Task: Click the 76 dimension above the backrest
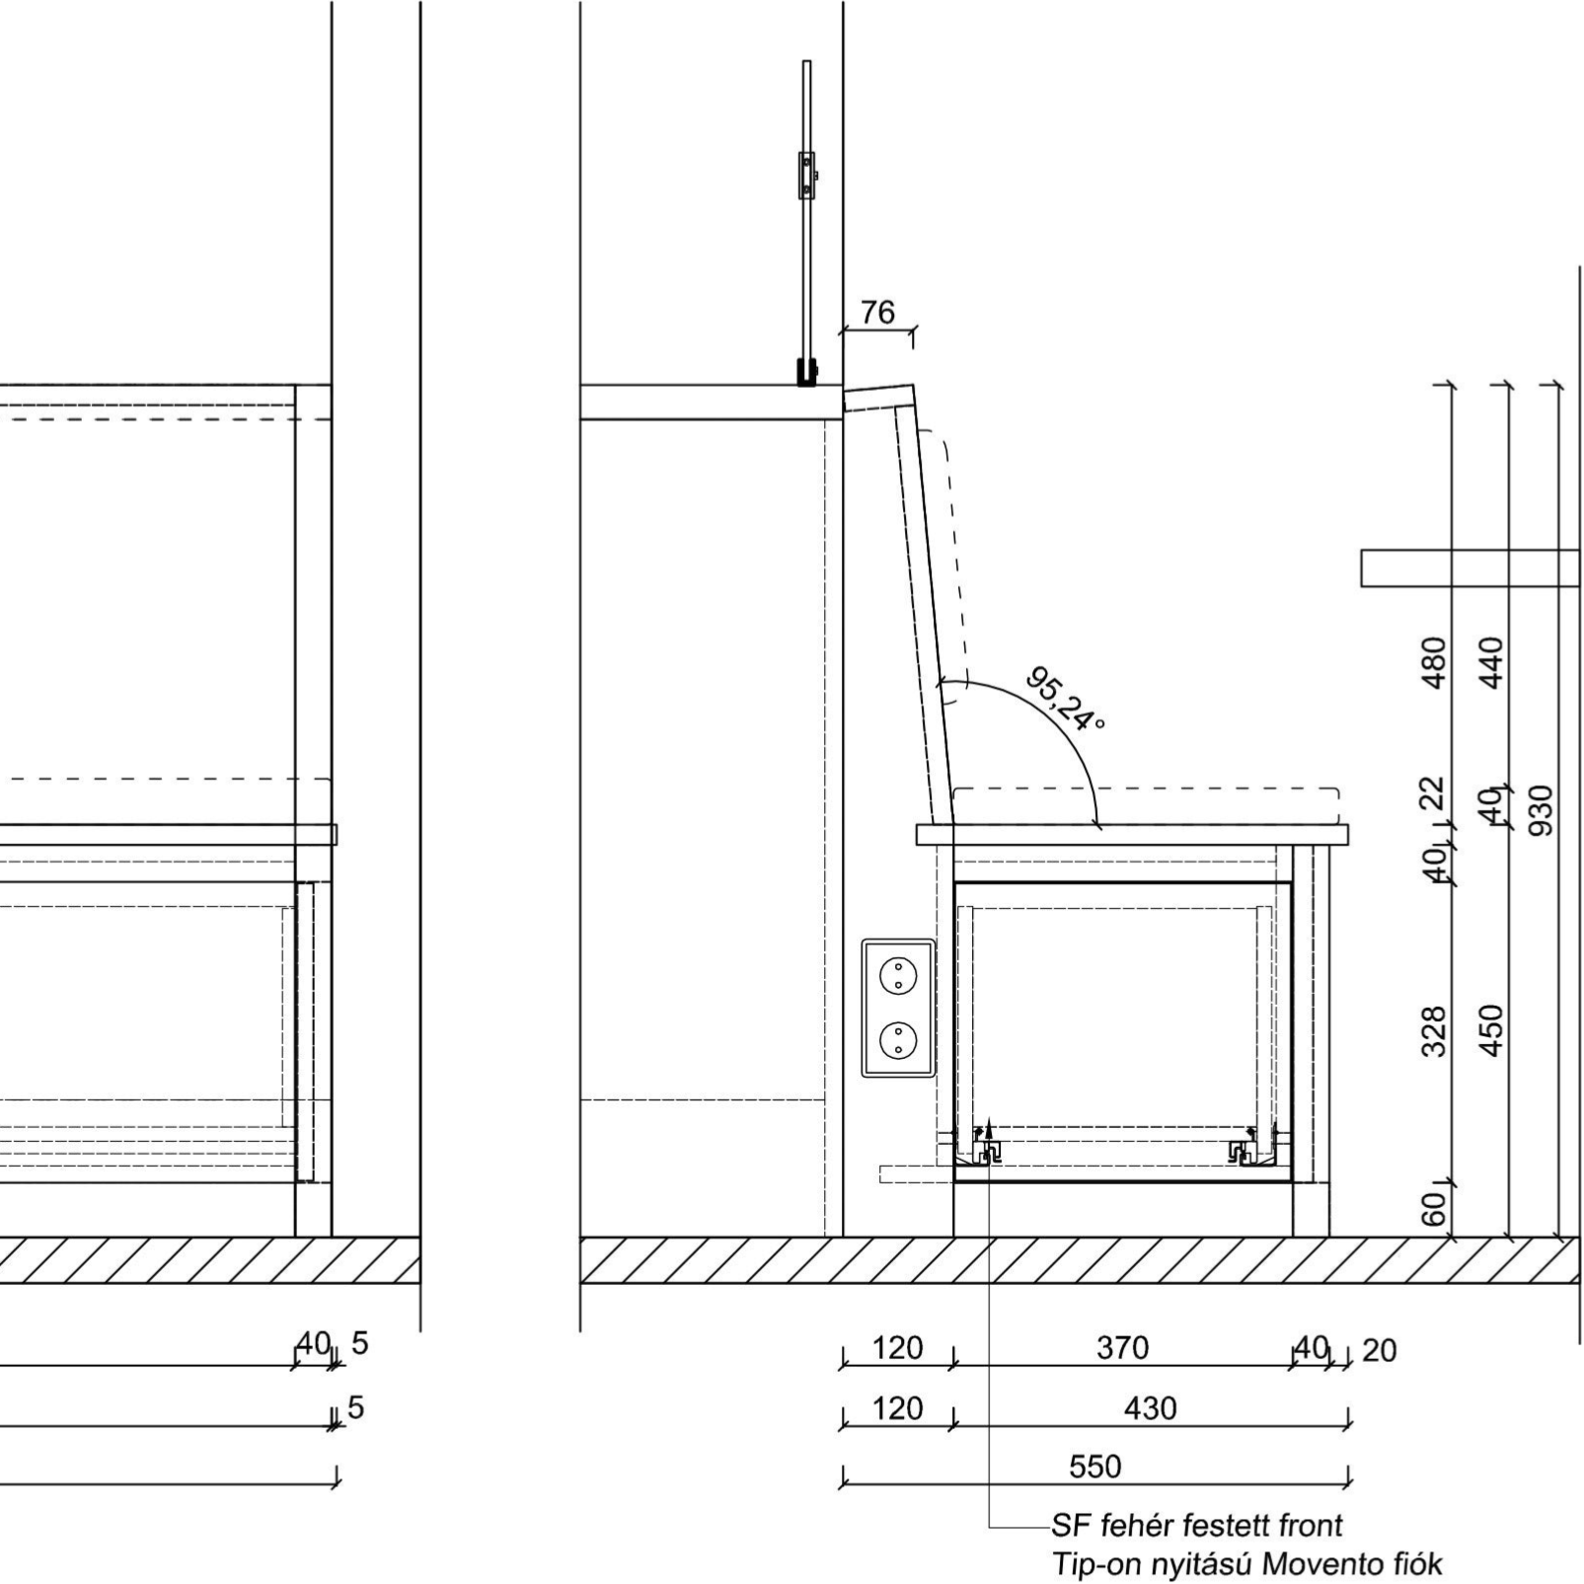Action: pos(877,313)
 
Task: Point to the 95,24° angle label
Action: pos(1065,699)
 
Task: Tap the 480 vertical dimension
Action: pos(1434,662)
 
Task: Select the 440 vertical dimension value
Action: pos(1491,662)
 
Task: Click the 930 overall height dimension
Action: pos(1541,810)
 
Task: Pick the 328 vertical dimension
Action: pos(1434,1031)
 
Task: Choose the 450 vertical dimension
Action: pos(1491,1030)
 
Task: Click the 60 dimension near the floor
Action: pos(1434,1209)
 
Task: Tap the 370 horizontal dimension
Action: pos(1123,1348)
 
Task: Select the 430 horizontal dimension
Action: pos(1151,1408)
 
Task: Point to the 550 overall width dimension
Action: pos(1095,1467)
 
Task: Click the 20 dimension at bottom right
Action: pos(1380,1350)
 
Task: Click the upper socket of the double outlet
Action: pos(898,977)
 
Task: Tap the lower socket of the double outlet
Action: pos(898,1039)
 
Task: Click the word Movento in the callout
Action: pos(1317,1564)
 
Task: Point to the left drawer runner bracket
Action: pos(987,1149)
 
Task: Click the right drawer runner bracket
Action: pos(1242,1150)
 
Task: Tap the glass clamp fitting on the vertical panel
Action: pos(807,176)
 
